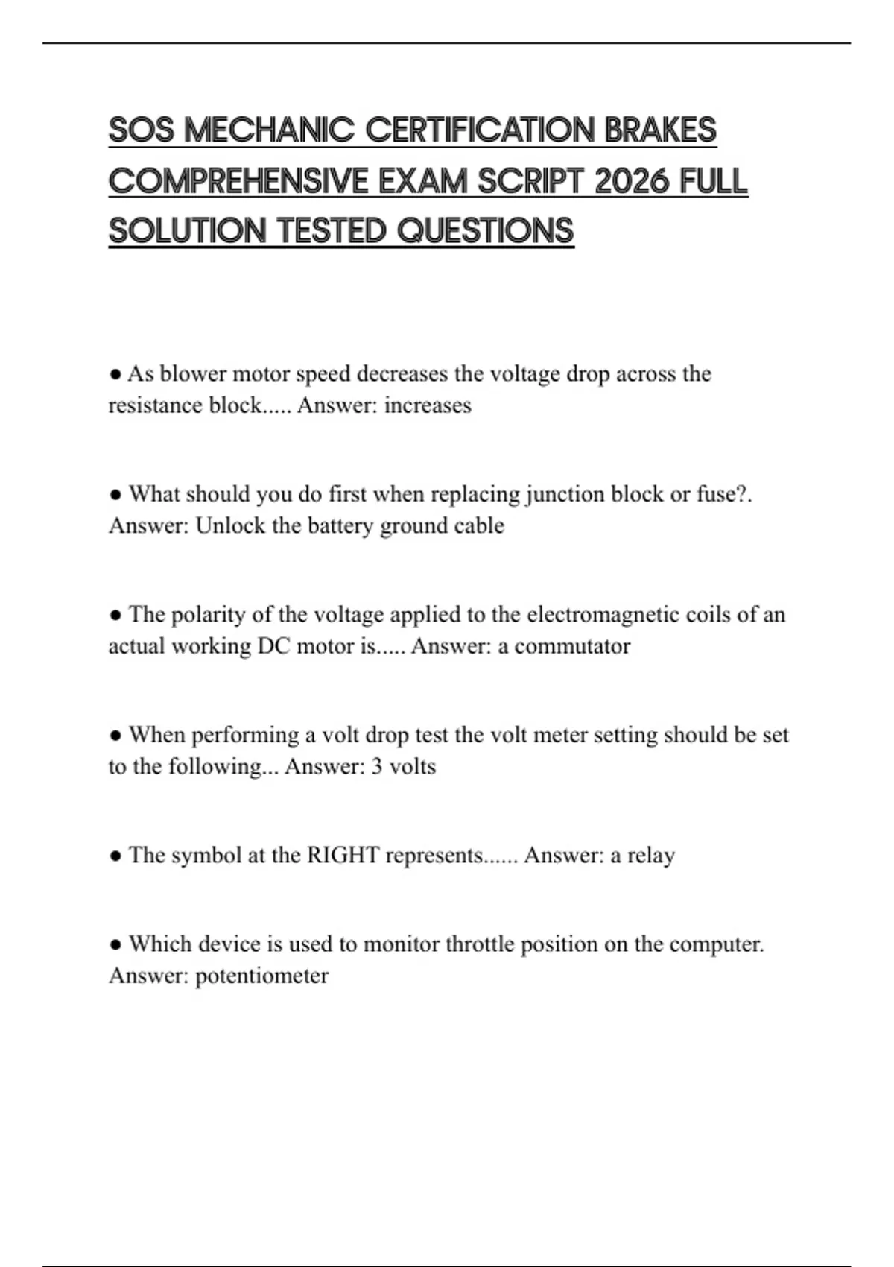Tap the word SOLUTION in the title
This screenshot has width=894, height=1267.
pos(187,231)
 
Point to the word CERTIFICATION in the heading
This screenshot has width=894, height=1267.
pos(481,130)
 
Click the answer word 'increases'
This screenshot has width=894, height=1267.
pos(428,405)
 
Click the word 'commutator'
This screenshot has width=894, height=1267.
pos(572,646)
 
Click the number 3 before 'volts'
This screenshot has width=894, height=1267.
pos(377,767)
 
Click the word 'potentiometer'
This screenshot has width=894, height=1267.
pos(261,976)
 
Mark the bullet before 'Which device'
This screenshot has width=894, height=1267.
pos(115,944)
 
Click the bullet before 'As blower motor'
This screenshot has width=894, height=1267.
pos(115,373)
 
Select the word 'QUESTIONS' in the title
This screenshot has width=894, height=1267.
pos(485,231)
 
